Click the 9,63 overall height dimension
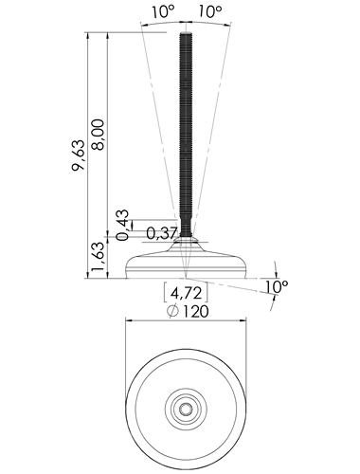[x=79, y=155]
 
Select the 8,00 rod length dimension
[x=98, y=135]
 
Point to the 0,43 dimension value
[x=123, y=221]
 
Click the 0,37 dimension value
[x=161, y=234]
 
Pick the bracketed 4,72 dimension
[x=186, y=294]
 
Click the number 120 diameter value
[x=196, y=312]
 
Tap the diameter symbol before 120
[x=172, y=312]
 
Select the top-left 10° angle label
[x=163, y=12]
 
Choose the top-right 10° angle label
[x=210, y=11]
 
